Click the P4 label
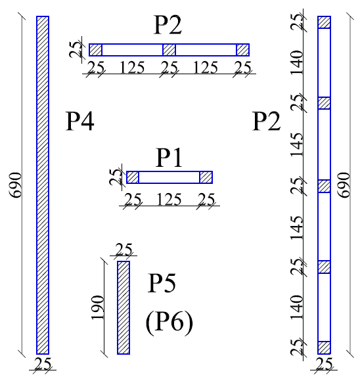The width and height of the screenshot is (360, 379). click(79, 122)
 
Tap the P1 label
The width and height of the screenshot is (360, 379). click(169, 158)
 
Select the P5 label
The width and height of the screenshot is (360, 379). click(162, 283)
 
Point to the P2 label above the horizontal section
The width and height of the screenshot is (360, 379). click(168, 25)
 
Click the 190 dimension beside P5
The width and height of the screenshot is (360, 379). click(97, 307)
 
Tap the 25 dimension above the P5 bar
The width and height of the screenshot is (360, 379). click(124, 250)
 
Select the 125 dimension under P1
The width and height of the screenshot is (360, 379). click(169, 200)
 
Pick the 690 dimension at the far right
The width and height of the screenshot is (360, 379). click(344, 185)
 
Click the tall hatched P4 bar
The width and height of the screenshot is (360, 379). click(43, 185)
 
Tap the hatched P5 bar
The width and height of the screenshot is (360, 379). click(124, 307)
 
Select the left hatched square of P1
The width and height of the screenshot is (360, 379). click(133, 177)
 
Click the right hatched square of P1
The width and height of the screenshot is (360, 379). click(206, 177)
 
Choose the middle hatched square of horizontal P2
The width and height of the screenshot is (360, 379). click(169, 50)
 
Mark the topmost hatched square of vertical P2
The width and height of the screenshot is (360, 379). click(324, 22)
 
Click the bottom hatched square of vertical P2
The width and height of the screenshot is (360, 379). click(324, 348)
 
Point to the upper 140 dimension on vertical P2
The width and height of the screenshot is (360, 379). click(297, 62)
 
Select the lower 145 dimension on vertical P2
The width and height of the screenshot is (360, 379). click(297, 227)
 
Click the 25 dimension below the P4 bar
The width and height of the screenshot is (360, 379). click(43, 364)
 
